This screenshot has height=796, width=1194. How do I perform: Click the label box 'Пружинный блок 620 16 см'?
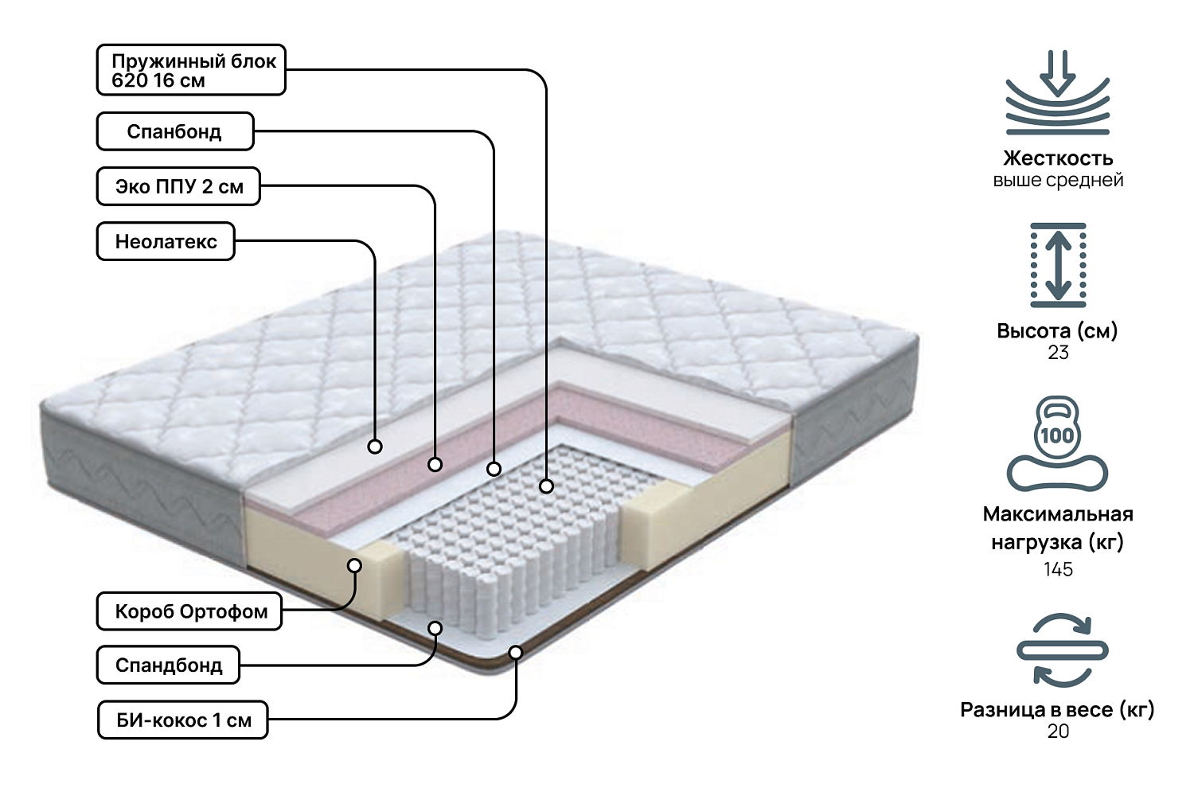(x=191, y=70)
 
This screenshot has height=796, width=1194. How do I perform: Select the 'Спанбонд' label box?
(x=175, y=131)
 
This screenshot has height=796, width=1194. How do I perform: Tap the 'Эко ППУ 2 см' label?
(x=178, y=186)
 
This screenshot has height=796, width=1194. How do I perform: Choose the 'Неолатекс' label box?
(x=166, y=241)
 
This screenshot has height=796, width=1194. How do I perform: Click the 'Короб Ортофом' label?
(x=189, y=611)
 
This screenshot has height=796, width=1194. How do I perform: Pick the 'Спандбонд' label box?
(x=168, y=665)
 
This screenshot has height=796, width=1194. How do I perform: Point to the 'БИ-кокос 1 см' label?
(x=183, y=720)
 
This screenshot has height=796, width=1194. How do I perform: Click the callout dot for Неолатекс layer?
(x=375, y=447)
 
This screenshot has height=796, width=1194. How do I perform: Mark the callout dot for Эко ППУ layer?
(x=435, y=464)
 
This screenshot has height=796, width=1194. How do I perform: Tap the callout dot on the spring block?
(x=546, y=486)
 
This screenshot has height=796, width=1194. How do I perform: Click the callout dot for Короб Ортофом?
(x=355, y=565)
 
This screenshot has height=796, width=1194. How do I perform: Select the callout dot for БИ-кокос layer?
(x=516, y=653)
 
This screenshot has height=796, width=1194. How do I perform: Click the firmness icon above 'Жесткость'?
(x=1057, y=93)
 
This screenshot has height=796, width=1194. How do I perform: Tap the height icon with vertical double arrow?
(x=1058, y=265)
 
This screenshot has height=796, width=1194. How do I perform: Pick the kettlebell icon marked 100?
(x=1057, y=443)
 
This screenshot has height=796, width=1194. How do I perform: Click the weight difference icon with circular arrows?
(x=1062, y=650)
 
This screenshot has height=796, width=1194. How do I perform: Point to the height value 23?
(x=1058, y=353)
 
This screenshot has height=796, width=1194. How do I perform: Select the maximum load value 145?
(x=1058, y=569)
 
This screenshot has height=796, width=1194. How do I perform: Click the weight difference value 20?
(x=1058, y=731)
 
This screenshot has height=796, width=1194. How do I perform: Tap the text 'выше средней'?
(x=1058, y=180)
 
